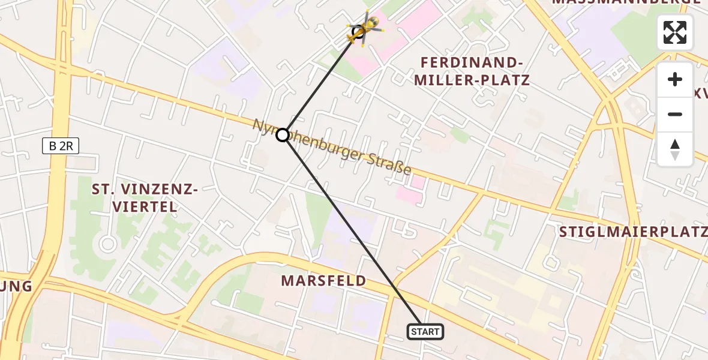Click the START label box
[425, 331]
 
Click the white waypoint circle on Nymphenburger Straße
[283, 135]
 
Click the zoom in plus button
[675, 79]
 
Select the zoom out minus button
[675, 114]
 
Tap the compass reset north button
[675, 149]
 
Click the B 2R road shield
[61, 145]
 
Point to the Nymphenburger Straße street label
[332, 147]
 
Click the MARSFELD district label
[323, 280]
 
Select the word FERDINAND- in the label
[469, 62]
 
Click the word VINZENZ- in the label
[161, 190]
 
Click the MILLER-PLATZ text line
[475, 80]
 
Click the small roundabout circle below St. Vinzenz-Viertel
[108, 244]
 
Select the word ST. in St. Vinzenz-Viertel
[103, 190]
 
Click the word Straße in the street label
[391, 164]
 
